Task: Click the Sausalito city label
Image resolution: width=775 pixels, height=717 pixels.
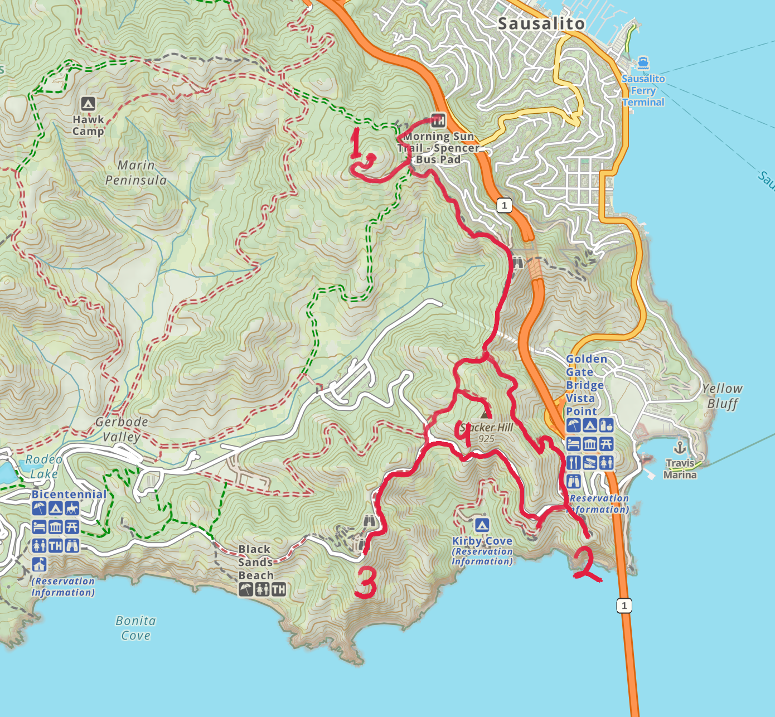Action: (541, 23)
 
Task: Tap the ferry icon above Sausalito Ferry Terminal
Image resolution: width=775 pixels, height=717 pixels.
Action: (643, 62)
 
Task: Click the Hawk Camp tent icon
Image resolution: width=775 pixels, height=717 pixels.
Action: (88, 104)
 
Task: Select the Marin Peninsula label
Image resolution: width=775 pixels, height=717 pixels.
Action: (136, 172)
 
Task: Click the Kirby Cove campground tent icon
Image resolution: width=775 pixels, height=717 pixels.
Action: (482, 525)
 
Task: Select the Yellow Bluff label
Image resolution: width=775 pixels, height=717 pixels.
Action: (723, 396)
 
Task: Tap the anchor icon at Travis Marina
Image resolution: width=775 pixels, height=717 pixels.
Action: (680, 447)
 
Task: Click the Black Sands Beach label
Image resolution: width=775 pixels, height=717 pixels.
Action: (256, 562)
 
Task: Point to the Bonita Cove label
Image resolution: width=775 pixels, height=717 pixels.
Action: (135, 628)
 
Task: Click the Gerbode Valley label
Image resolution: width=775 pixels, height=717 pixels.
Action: (122, 429)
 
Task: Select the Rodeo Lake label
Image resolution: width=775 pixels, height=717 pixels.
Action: (43, 466)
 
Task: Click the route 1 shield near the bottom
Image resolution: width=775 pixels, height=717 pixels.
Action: (624, 605)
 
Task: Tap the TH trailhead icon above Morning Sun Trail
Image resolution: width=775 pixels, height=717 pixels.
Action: (438, 120)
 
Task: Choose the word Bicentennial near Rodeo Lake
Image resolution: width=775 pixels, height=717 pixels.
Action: (69, 494)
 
